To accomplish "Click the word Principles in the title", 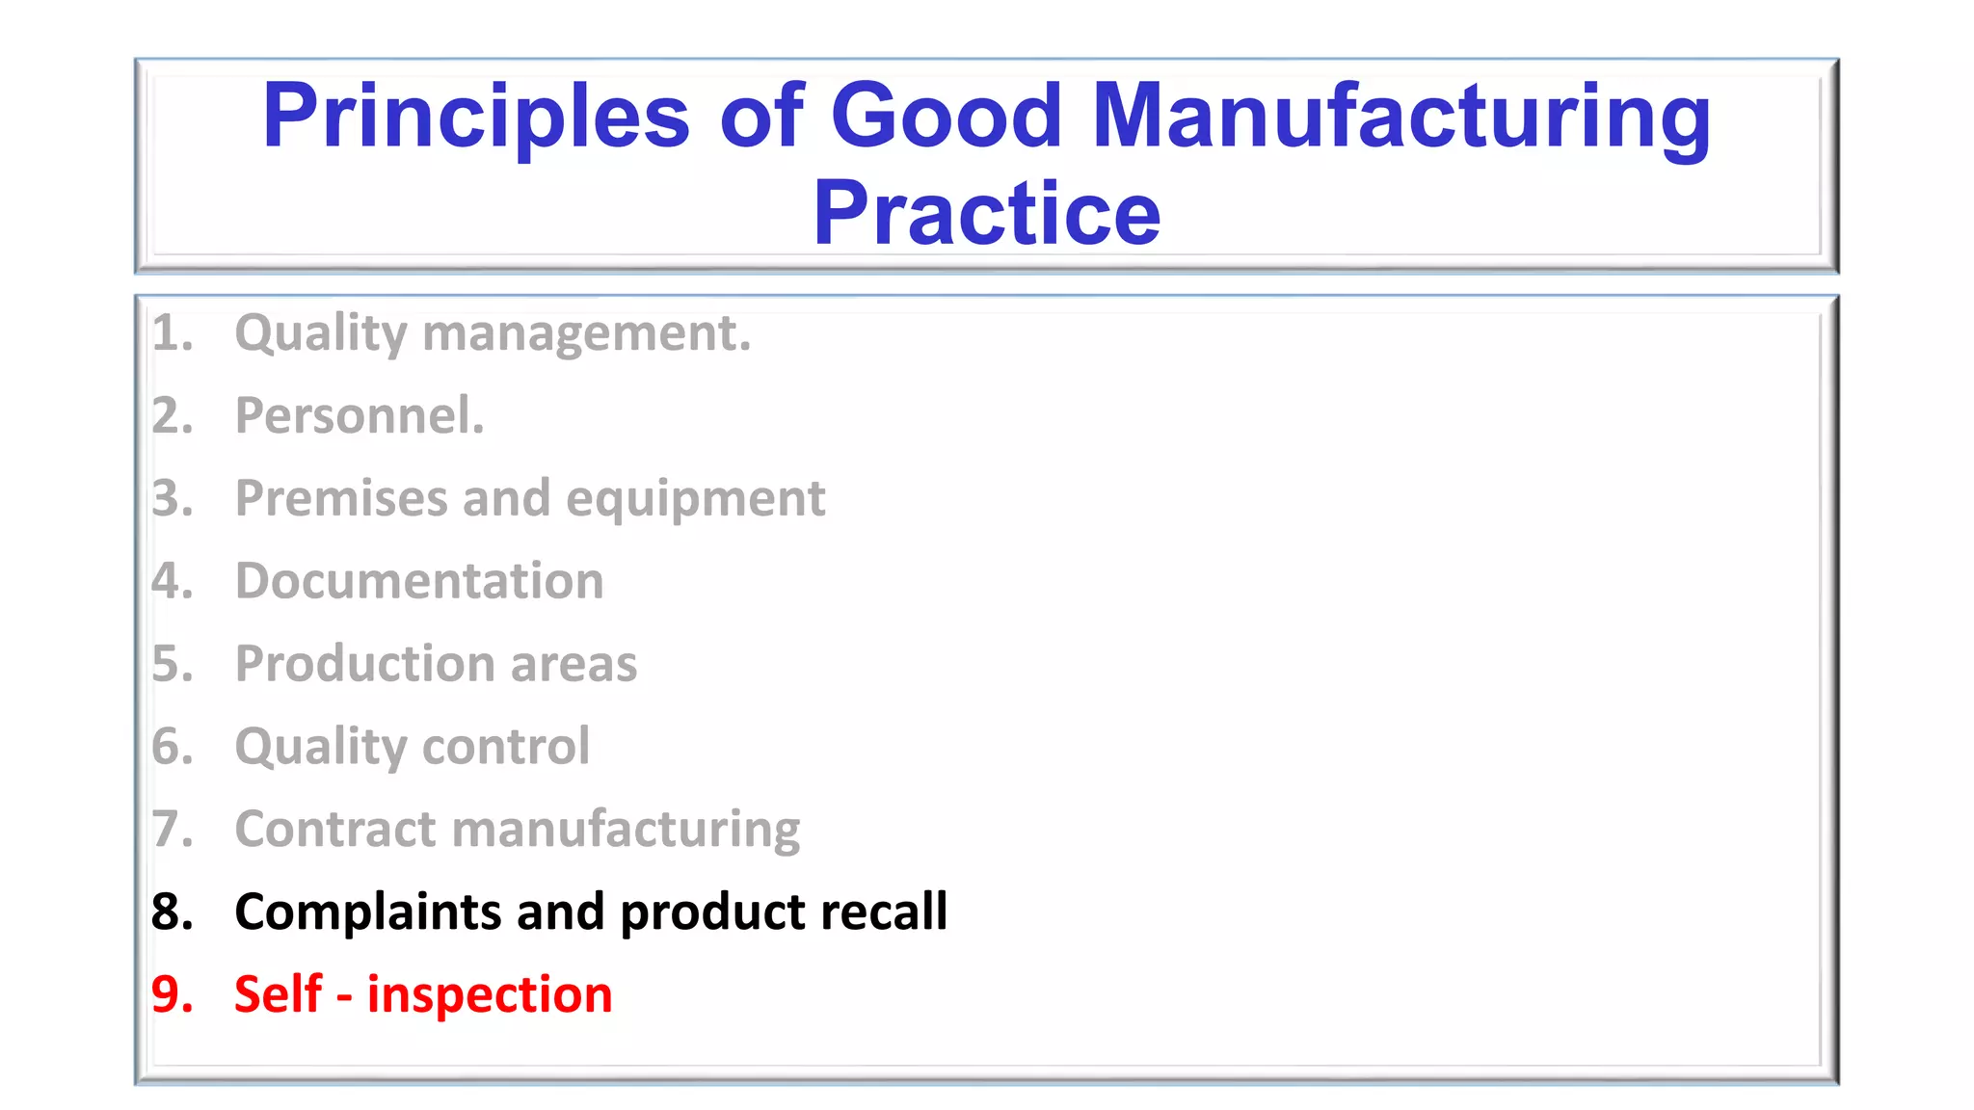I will pos(476,119).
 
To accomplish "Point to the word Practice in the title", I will pos(986,214).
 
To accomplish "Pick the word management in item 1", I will pos(586,334).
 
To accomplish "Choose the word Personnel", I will pos(360,416).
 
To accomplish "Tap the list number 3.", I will pos(172,499).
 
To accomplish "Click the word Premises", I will pos(341,499).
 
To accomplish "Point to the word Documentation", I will pos(419,581).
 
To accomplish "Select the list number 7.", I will pos(172,830).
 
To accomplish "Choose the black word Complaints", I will pos(367,912).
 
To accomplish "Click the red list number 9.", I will pos(172,994).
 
